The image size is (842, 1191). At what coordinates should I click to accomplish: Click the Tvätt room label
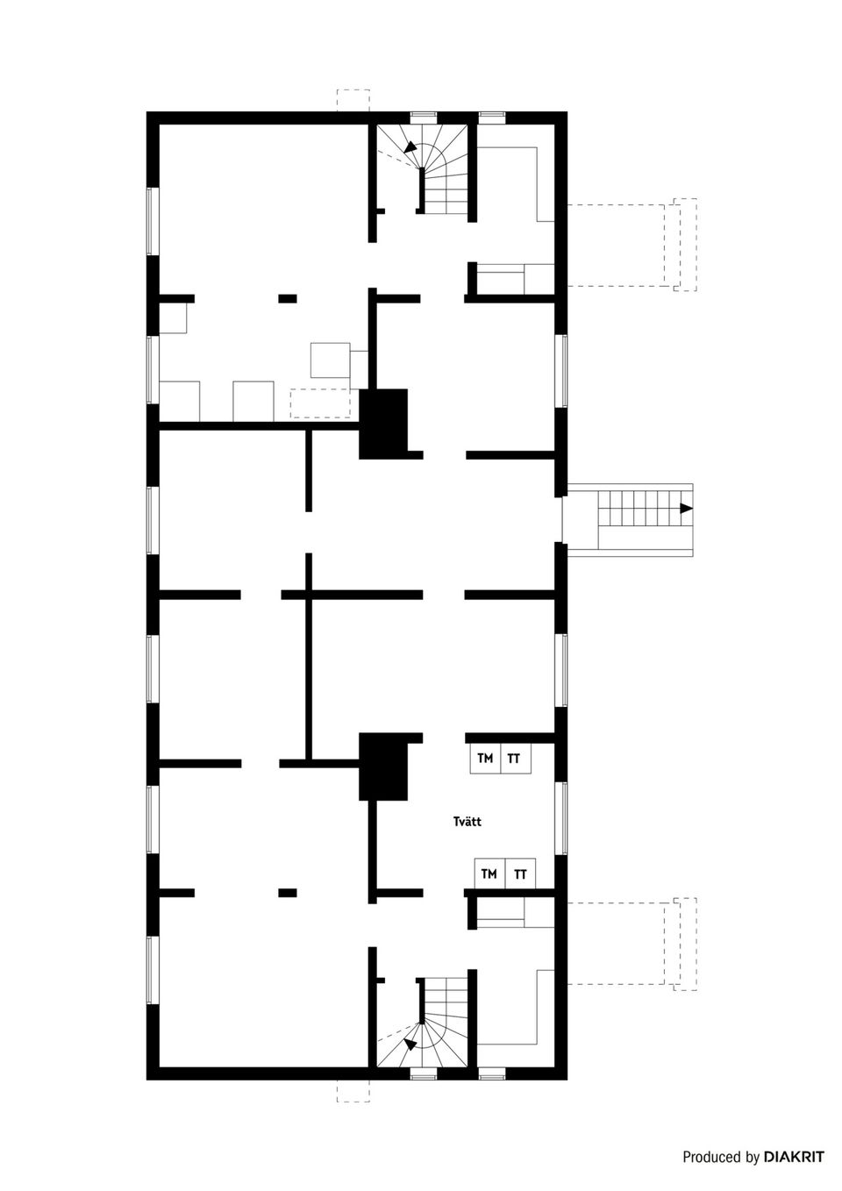467,822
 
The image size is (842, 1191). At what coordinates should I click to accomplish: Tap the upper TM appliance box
485,759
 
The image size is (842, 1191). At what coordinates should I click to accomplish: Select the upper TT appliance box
514,759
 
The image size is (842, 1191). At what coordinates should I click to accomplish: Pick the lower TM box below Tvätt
489,874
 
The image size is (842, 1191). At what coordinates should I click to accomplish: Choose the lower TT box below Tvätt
520,874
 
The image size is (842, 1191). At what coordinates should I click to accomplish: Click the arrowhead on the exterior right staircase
686,509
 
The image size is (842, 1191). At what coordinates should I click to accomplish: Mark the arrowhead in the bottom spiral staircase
409,1043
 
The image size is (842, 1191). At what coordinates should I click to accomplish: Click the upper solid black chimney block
384,423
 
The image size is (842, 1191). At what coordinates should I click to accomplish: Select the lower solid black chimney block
384,767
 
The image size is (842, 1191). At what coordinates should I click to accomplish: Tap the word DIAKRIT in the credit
794,1158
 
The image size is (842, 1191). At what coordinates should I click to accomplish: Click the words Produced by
721,1158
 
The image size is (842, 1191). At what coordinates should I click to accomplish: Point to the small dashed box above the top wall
353,100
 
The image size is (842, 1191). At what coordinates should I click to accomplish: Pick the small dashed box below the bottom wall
353,1090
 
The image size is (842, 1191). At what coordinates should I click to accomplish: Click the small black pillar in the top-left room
288,298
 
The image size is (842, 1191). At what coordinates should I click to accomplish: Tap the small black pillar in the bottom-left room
288,893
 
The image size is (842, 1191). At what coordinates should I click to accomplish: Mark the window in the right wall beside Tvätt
561,817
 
